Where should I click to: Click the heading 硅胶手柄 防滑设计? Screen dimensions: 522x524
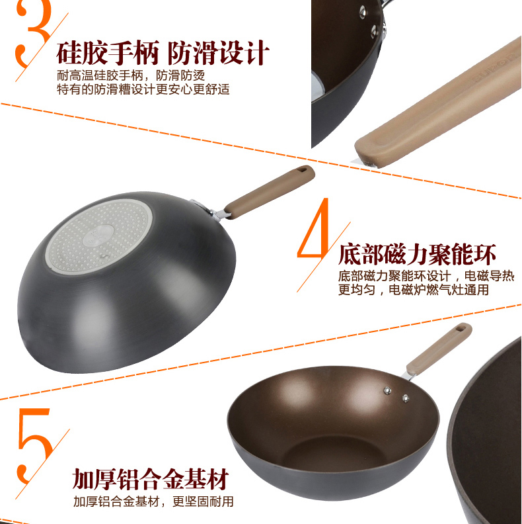coord(163,52)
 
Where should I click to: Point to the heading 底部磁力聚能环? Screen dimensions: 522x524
coord(417,255)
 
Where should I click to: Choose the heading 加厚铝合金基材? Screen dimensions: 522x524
coord(151,480)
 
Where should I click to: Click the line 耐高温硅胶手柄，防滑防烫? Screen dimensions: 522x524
coord(131,75)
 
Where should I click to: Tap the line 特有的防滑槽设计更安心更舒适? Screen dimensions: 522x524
coord(143,89)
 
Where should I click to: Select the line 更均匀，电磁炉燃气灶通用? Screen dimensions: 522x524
coord(414,289)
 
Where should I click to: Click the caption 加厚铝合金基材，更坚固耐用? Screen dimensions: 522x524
coord(153,502)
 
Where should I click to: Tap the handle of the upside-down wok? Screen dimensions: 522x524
coord(270,191)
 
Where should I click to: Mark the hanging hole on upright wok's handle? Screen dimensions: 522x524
coord(461,328)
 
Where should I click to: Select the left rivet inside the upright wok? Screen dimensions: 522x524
coord(387,390)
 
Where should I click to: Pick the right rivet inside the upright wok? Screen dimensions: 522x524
coord(406,398)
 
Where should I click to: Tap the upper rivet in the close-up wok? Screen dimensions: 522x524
coord(363,13)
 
